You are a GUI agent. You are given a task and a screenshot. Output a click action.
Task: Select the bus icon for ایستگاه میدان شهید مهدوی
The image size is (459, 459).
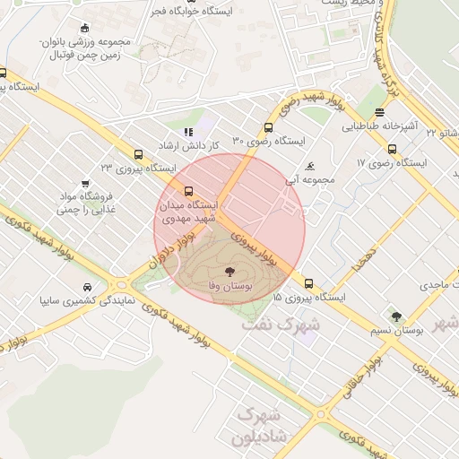[188, 191]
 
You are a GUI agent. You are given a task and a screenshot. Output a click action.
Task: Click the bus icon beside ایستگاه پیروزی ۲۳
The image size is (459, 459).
[137, 153]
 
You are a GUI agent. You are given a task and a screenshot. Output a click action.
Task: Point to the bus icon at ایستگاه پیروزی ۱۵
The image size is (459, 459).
[308, 282]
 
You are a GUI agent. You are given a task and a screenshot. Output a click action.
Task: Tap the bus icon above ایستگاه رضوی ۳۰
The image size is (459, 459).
[269, 127]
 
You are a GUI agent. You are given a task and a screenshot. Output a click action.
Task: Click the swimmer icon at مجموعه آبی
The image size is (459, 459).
[310, 166]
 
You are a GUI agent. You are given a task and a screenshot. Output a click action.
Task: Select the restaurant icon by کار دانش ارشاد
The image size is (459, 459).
[188, 132]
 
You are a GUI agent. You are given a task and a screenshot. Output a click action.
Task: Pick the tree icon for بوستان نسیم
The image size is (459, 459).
[396, 316]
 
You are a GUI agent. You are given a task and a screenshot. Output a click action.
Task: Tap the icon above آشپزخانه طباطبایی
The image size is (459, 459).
[380, 112]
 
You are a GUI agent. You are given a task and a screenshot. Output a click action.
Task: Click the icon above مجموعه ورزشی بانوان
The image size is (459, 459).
[84, 29]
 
